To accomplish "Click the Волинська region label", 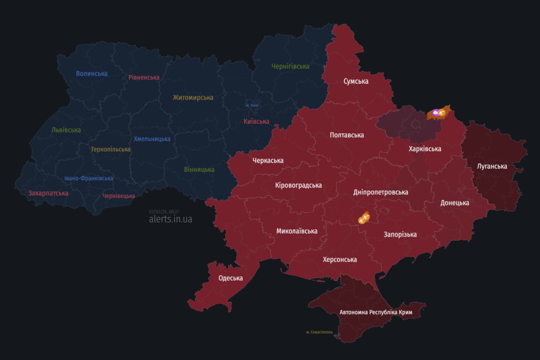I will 92,74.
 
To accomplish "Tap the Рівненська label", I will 144,77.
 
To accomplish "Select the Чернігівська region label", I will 290,66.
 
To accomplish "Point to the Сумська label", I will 356,81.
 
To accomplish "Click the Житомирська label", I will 193,98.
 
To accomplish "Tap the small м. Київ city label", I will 252,105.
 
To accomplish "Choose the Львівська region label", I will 66,130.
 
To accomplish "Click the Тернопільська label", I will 110,149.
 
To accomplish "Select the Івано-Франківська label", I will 89,178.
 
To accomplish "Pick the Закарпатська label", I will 49,193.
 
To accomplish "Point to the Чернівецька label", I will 119,196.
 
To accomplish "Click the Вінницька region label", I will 199,170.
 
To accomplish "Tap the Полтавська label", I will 346,135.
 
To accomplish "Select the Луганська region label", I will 492,167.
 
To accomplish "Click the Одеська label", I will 230,278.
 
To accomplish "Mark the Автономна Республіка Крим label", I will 375,313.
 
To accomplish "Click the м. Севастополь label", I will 320,332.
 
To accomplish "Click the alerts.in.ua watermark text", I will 170,219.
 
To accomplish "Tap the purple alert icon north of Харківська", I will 436,112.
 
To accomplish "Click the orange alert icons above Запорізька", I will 364,217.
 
